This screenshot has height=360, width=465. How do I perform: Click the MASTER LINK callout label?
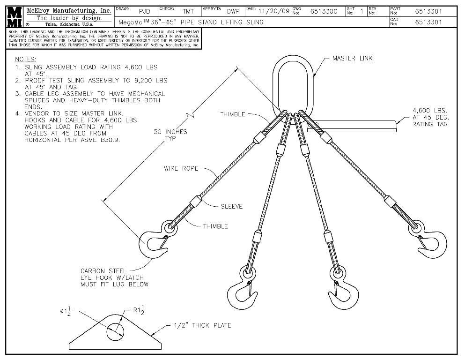point(353,59)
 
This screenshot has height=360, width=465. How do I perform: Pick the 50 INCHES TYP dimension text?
point(170,135)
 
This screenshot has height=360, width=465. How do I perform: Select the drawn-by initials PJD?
point(145,11)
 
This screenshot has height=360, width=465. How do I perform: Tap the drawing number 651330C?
point(324,11)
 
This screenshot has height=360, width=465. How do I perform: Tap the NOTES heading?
point(26,60)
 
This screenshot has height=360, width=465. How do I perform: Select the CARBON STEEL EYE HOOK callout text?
point(114,277)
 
